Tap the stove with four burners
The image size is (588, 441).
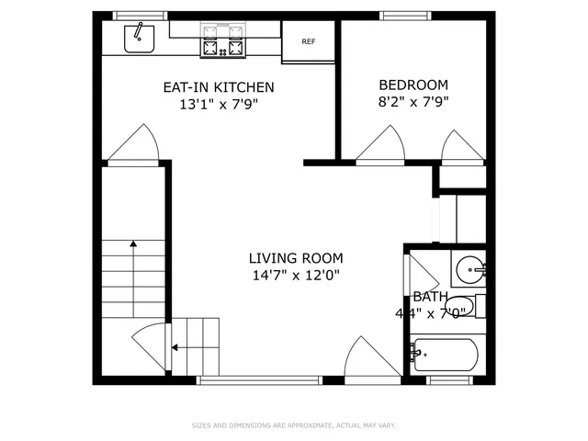click(x=223, y=40)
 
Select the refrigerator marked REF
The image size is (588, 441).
click(x=309, y=41)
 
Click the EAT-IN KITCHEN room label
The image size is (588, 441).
click(x=218, y=87)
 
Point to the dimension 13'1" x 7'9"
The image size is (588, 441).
click(x=218, y=104)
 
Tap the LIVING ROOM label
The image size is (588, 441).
click(x=296, y=258)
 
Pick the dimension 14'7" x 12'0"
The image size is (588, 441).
click(x=296, y=275)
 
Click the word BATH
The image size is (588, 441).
click(x=430, y=297)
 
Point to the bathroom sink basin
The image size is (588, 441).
click(x=472, y=270)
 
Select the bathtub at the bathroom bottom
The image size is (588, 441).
click(x=446, y=354)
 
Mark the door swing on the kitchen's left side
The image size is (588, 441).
click(x=131, y=144)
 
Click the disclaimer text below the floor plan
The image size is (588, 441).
click(x=294, y=425)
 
